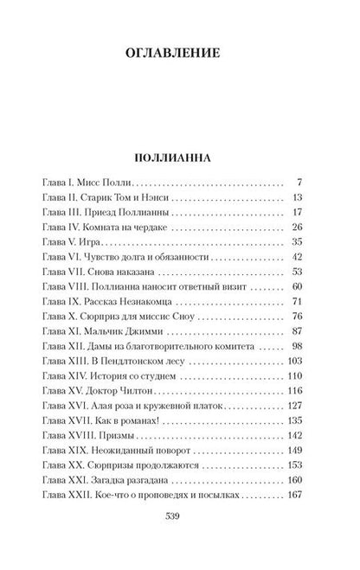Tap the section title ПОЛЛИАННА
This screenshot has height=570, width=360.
tap(181, 160)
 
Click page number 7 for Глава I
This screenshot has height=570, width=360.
tap(297, 184)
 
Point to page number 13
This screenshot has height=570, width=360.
tap(294, 199)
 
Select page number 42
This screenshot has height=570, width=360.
tap(294, 257)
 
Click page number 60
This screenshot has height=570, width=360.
tap(294, 286)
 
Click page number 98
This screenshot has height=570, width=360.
tap(294, 345)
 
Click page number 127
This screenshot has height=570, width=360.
tap(292, 404)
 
